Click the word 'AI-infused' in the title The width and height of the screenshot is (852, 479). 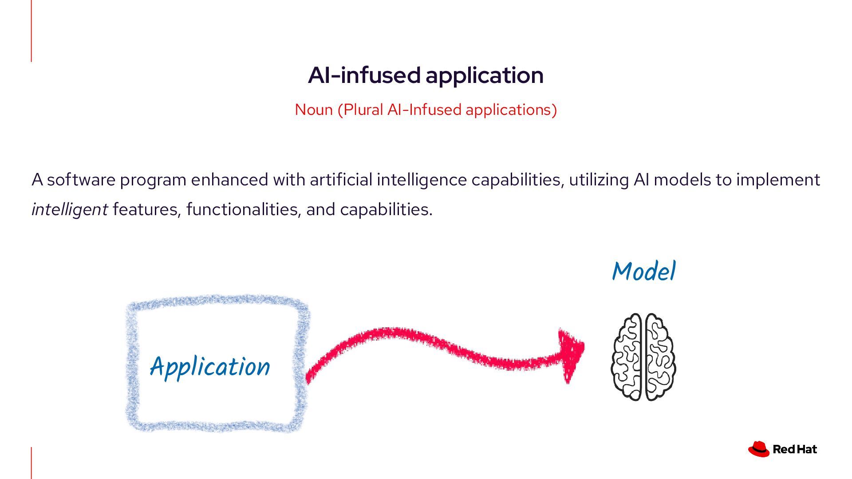pos(364,75)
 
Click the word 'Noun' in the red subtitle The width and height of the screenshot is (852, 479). pos(313,110)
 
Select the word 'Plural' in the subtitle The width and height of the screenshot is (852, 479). pos(363,110)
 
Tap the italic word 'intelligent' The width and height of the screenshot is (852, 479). pos(70,209)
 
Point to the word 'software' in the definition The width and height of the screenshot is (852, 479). pos(81,180)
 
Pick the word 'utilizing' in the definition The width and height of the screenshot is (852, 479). pos(599,180)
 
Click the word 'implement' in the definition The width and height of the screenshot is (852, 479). pos(778,180)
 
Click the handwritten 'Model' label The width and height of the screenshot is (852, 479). pos(643,271)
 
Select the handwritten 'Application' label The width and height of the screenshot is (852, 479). pos(210,367)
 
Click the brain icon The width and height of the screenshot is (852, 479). pos(643,357)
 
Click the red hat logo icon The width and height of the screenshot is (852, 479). pos(758,449)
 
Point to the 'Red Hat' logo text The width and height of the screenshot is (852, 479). pos(794,449)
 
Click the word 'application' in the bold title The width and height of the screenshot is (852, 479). pos(485,75)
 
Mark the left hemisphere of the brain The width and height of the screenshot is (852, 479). pos(627,357)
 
